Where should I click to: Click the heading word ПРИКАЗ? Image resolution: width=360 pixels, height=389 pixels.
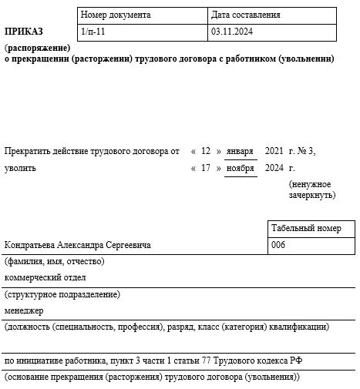24,32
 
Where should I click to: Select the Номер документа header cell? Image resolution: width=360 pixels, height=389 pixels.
116,15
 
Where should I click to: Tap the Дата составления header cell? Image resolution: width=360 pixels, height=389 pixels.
245,15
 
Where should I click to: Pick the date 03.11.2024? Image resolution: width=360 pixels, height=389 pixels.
231,32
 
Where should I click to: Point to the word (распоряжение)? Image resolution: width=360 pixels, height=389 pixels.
37,48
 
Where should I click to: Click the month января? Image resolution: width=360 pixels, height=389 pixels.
241,151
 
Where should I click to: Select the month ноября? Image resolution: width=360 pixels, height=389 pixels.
241,168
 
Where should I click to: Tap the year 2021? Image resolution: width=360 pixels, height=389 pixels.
274,151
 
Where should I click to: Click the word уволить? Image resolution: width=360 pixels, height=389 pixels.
20,168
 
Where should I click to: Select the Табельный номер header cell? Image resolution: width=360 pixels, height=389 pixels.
306,228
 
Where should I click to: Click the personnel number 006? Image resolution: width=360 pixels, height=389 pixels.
279,245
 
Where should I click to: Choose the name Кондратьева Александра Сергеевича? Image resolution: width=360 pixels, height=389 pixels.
77,245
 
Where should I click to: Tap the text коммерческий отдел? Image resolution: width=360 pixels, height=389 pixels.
45,277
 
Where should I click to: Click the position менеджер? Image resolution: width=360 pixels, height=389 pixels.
24,310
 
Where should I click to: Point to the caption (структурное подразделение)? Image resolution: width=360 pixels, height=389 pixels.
62,294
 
